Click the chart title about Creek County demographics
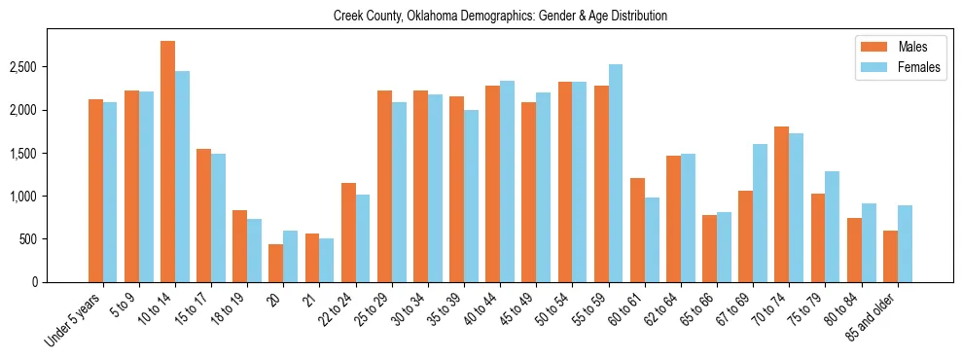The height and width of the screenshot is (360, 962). tap(500, 17)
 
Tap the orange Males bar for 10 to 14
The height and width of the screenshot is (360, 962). tap(167, 162)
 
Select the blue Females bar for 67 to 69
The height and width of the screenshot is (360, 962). tap(760, 213)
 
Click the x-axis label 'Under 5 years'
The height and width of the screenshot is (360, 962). tap(74, 319)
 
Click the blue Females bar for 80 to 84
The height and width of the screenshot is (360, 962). tap(869, 242)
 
